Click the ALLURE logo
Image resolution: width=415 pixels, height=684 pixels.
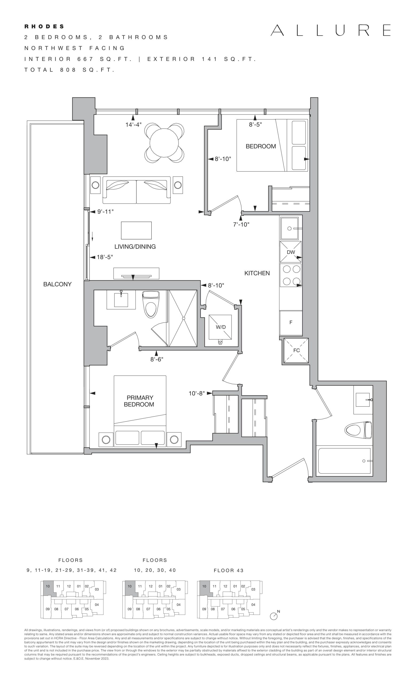pyautogui.click(x=330, y=30)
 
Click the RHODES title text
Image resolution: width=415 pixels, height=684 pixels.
pyautogui.click(x=44, y=27)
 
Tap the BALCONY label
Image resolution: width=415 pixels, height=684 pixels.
pyautogui.click(x=57, y=284)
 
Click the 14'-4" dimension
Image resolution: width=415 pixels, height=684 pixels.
pyautogui.click(x=134, y=125)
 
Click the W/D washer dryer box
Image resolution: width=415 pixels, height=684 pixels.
pyautogui.click(x=221, y=327)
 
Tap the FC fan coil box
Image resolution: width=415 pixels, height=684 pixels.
pyautogui.click(x=296, y=350)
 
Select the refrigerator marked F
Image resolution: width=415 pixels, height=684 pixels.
pyautogui.click(x=291, y=322)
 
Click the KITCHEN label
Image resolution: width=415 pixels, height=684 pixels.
pyautogui.click(x=257, y=273)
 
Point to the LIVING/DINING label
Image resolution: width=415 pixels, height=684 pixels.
pyautogui.click(x=135, y=247)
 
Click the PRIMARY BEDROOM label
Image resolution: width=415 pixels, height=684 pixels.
pyautogui.click(x=139, y=401)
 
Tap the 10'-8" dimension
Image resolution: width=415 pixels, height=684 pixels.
pyautogui.click(x=197, y=393)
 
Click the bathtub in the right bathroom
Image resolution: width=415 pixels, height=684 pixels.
pyautogui.click(x=343, y=461)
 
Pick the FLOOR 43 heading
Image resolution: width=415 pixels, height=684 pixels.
pyautogui.click(x=229, y=570)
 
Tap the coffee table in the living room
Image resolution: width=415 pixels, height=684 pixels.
pyautogui.click(x=136, y=230)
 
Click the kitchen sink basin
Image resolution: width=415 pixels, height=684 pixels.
pyautogui.click(x=289, y=228)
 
